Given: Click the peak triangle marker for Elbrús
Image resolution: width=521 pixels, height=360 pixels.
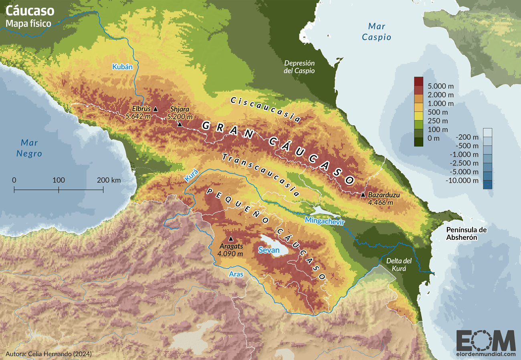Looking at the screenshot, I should coord(155,109).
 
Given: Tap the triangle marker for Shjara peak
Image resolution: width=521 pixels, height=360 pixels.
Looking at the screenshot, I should coord(180,125).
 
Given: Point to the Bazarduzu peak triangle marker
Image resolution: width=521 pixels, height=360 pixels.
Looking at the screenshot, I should coord(363,195).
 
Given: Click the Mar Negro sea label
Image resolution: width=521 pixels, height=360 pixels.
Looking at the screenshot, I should coord(29,148).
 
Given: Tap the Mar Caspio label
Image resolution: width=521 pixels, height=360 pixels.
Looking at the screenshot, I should coord(376,32).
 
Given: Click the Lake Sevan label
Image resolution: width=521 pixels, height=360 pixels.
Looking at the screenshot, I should coord(269,250).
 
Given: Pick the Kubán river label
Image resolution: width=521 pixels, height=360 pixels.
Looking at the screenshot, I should coord(122,67).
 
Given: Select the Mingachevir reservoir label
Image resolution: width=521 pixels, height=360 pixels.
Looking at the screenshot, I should coord(325,221).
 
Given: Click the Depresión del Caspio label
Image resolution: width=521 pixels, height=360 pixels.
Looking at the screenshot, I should coord(299,67).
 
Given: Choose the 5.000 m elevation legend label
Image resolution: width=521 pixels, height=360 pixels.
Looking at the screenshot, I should coord(440,86).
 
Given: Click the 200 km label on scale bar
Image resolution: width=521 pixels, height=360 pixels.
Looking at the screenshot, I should coord(108,180).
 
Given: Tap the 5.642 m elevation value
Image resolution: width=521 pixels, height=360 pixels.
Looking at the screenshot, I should coord(138,117).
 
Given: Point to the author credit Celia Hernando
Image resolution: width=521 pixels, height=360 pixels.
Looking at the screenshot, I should coord(48,354).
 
